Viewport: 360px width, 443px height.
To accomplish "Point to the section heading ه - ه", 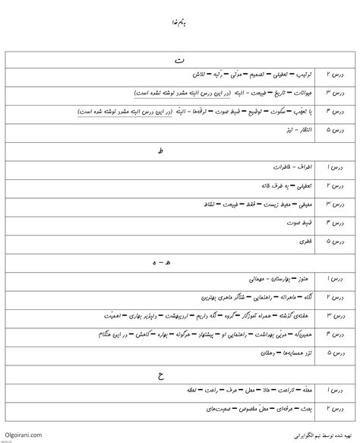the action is pos(179,262).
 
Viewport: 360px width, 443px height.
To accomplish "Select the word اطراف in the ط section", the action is pos(292,166).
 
